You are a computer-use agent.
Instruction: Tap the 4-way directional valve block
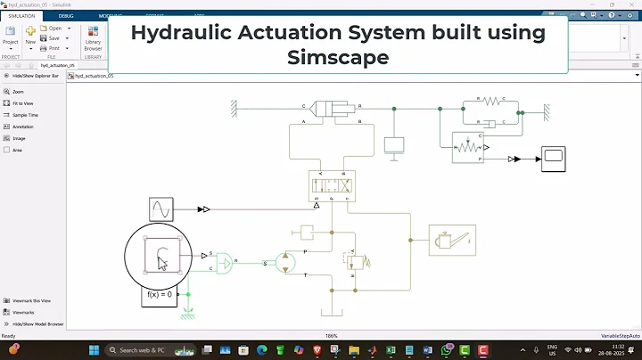[333, 185]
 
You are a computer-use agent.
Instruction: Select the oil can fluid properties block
[452, 239]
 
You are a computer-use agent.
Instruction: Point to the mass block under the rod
[393, 144]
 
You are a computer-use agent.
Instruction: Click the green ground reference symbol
[188, 315]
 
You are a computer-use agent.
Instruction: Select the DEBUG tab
[66, 16]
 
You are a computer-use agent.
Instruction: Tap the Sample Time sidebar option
[26, 115]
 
